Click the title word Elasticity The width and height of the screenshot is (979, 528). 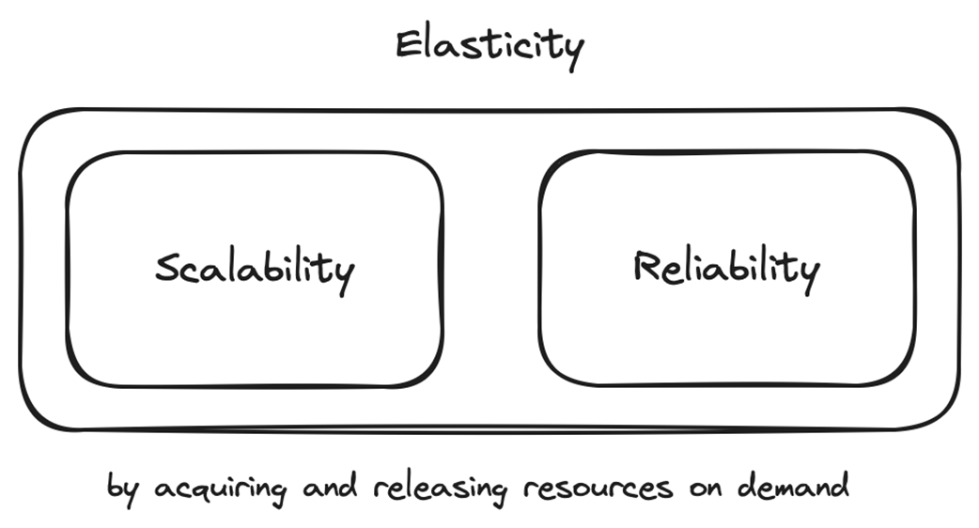[489, 45]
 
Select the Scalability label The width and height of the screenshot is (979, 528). [255, 270]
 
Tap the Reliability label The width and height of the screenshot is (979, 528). [725, 268]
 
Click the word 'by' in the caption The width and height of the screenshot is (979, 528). [120, 489]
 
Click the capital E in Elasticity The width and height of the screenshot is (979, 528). [407, 44]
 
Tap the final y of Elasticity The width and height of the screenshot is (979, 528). [572, 51]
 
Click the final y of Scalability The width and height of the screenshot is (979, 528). [344, 276]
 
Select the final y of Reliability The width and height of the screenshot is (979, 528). [808, 274]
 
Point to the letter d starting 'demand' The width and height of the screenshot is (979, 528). [747, 487]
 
